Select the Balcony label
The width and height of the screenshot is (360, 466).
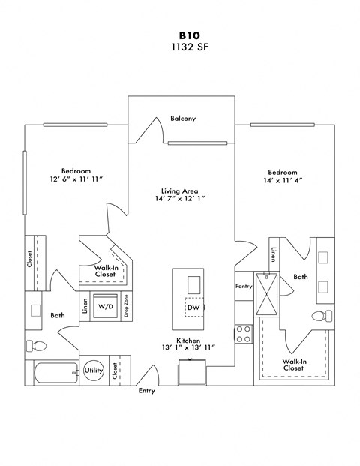point(183,119)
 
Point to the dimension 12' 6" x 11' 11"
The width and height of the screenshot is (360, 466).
point(75,179)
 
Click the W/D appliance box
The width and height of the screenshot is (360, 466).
point(106,306)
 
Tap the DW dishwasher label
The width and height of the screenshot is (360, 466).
point(193,308)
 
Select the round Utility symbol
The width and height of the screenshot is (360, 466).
point(94,370)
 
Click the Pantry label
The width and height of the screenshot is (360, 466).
point(243,286)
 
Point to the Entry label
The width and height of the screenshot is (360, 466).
point(146,391)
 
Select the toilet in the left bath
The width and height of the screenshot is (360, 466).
point(35,345)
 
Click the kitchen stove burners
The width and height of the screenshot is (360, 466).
point(243,333)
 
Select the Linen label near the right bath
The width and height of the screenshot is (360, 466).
point(274,255)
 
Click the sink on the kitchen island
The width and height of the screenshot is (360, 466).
point(193,284)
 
